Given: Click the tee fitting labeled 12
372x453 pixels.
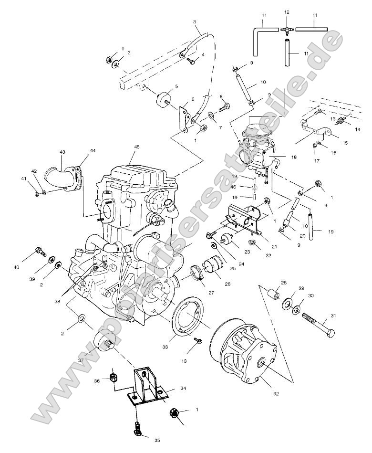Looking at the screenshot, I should [x=287, y=29].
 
